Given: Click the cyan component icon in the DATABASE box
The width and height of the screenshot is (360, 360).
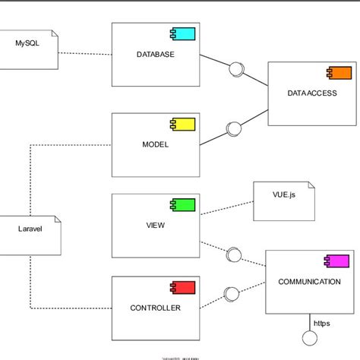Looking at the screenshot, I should [183, 33].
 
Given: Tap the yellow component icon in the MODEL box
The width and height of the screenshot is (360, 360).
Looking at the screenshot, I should [183, 123].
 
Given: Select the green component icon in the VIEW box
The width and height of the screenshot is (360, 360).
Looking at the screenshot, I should [183, 204].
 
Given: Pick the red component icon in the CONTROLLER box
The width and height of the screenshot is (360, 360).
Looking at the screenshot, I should [183, 286].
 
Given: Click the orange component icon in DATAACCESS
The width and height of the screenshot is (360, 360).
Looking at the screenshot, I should [339, 73].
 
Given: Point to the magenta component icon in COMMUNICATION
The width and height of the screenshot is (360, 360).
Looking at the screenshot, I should [336, 261].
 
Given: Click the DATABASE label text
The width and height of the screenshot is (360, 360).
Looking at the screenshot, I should [156, 55].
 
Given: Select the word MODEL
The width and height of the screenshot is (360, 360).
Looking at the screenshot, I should [155, 144].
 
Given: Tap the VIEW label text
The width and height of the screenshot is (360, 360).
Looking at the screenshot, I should [156, 226].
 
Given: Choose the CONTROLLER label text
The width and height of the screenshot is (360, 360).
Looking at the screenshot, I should [156, 308].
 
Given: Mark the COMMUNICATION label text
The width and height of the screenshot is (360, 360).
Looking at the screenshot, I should [309, 282].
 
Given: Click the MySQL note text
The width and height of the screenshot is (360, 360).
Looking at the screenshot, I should [29, 43].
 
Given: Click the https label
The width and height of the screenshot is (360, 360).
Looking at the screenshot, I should [322, 322].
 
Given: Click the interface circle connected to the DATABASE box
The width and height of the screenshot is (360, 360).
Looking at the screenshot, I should [236, 69].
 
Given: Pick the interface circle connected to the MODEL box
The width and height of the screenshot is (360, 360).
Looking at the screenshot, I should [234, 128].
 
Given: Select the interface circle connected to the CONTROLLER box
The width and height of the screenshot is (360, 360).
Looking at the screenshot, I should [234, 292].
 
